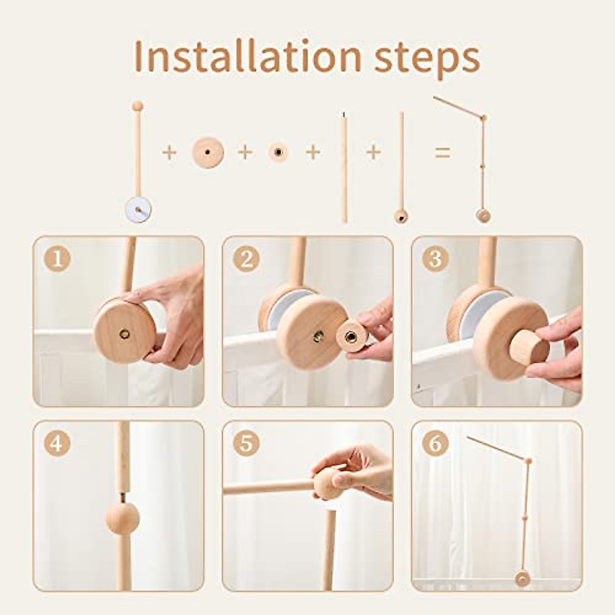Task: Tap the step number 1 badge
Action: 57,259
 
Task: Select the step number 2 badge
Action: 246,259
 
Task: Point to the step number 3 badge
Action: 435,259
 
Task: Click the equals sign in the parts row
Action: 442,152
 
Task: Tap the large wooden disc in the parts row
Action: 208,153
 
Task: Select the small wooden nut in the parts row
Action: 278,152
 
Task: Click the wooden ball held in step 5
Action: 328,482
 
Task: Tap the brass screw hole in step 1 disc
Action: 125,334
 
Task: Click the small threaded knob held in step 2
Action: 352,336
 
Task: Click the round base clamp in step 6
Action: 522,579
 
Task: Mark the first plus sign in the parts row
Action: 169,153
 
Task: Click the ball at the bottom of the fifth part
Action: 401,217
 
